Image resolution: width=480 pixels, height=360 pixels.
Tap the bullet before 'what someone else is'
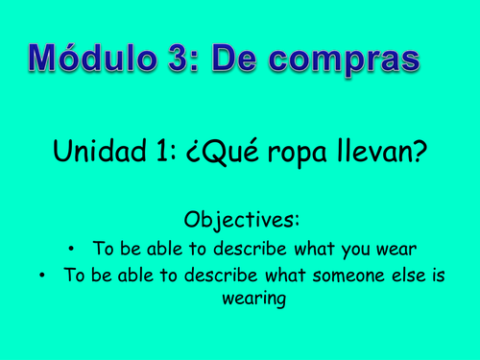[42, 277]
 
